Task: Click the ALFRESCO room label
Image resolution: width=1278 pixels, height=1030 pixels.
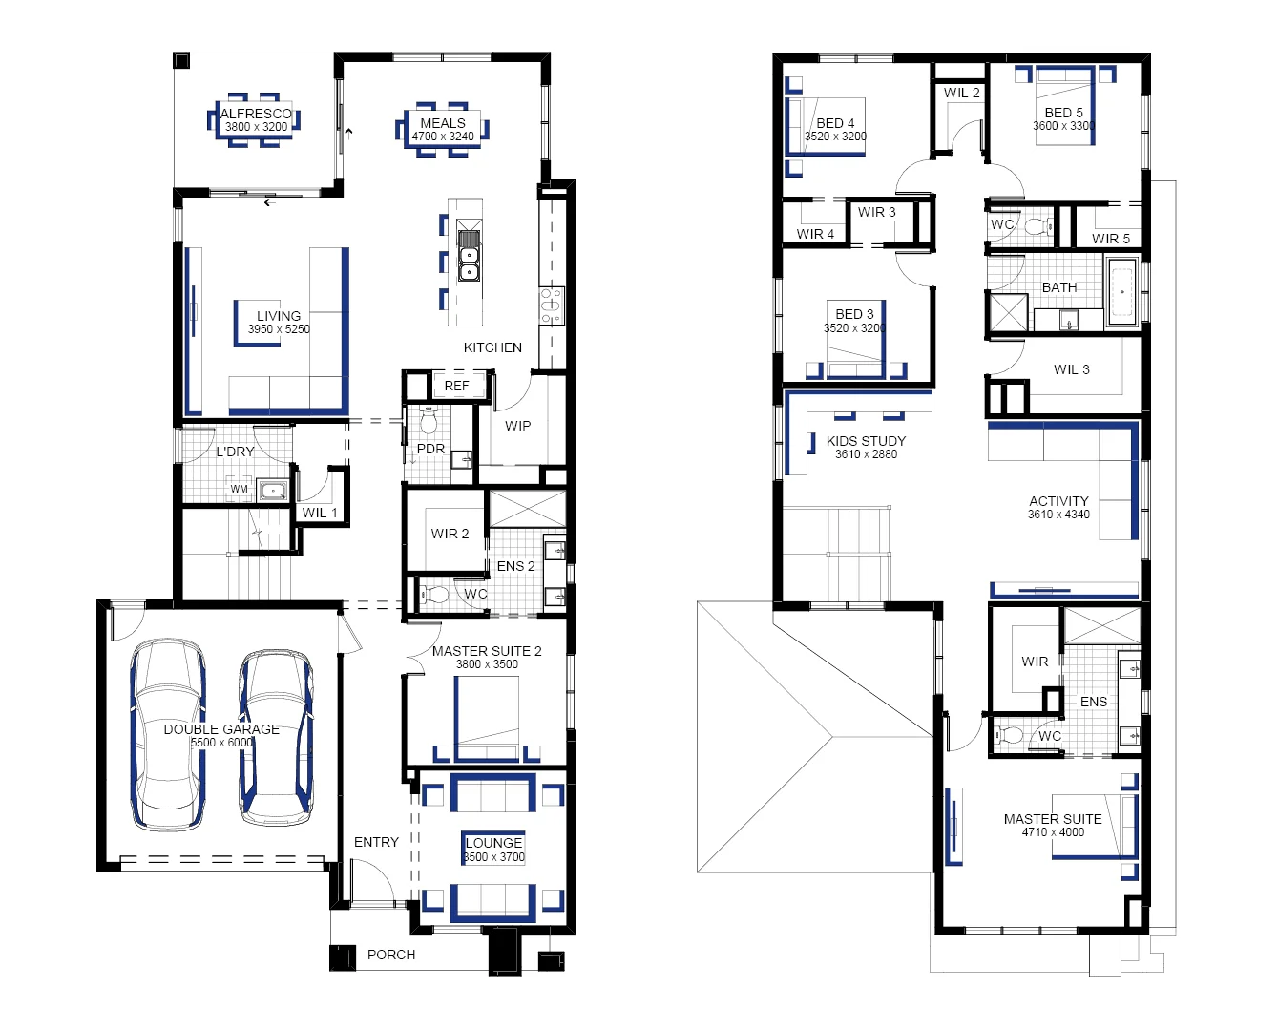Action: [256, 114]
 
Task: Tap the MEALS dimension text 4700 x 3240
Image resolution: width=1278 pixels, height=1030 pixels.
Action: [443, 137]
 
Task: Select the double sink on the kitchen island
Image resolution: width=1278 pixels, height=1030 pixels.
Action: [469, 256]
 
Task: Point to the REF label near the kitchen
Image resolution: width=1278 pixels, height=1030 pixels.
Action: [456, 386]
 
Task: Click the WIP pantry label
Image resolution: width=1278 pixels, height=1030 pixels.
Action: [517, 426]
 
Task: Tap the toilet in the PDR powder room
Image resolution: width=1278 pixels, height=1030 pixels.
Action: [428, 419]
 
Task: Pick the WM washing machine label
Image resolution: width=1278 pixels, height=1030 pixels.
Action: [239, 489]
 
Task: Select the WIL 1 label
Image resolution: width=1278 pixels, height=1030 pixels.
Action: [319, 513]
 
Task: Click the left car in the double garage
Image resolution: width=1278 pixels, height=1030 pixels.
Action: [168, 733]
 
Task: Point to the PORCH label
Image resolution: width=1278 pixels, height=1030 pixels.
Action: [391, 955]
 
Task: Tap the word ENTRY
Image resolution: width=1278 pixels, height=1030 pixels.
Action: [376, 842]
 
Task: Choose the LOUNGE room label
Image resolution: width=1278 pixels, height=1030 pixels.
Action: [493, 843]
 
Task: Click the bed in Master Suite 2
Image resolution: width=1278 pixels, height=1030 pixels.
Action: [487, 718]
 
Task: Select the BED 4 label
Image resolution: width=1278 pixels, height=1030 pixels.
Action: [835, 123]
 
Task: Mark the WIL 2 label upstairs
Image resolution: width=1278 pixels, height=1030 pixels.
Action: [961, 93]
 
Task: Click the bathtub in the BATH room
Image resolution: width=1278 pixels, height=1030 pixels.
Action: [1122, 293]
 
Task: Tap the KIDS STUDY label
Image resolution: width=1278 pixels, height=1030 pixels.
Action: [866, 441]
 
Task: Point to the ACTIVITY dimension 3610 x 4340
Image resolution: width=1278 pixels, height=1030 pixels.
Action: [1058, 515]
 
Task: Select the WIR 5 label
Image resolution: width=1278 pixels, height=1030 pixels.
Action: [1110, 239]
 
